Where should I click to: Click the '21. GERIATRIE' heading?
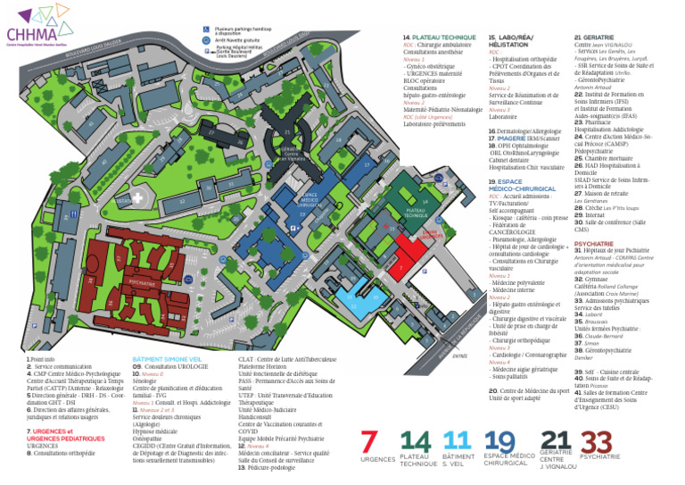coord(595,38)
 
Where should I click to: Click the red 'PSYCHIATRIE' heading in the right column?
coord(593,243)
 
